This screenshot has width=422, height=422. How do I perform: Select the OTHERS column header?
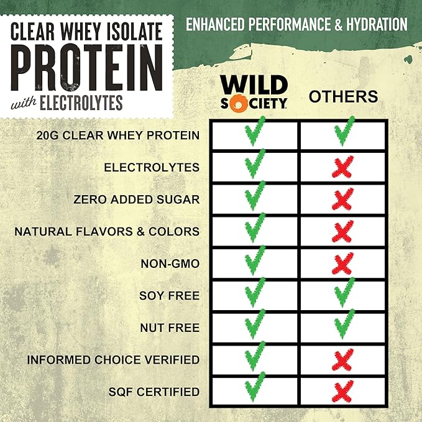pos(343,96)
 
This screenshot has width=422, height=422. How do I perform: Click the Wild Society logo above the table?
pos(255,92)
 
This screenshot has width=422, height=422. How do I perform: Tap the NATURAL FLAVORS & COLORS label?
pos(107,232)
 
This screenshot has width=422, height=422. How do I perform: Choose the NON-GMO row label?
pos(171,264)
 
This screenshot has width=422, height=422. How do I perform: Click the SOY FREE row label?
pos(170,296)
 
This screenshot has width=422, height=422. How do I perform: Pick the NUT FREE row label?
pos(170,328)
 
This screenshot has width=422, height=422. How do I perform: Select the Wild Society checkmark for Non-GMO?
pos(254,261)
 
